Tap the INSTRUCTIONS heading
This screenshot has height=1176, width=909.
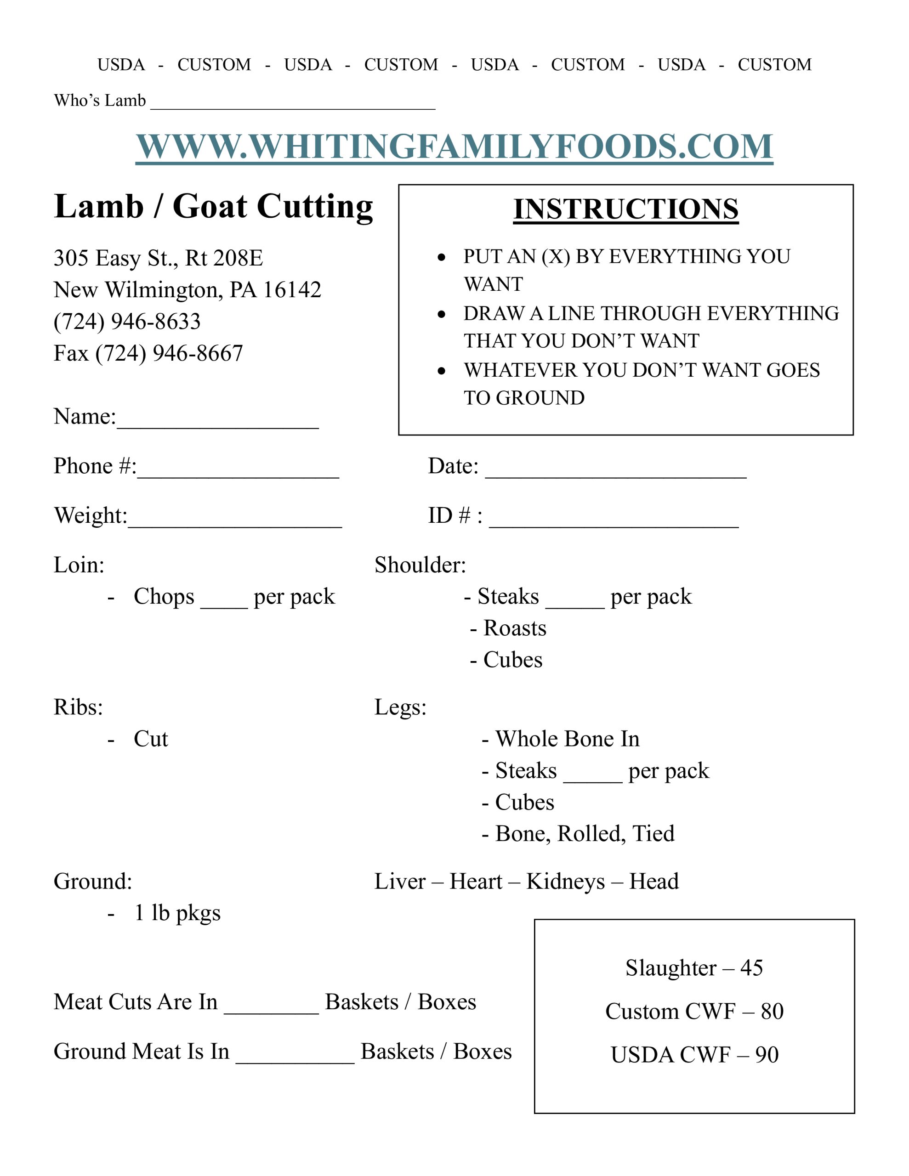pos(625,209)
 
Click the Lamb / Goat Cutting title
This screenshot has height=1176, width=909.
pos(213,206)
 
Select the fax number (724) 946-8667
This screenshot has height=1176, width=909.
pos(169,353)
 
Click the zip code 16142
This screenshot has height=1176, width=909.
pos(291,290)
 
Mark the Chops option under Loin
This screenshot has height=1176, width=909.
pos(164,597)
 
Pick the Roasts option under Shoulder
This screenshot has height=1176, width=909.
pos(515,628)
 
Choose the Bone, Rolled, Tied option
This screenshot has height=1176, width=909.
pos(584,834)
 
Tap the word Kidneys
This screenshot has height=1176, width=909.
pos(565,882)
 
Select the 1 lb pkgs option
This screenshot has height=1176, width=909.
pos(177,913)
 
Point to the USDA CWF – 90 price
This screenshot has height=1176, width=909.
pos(694,1055)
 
